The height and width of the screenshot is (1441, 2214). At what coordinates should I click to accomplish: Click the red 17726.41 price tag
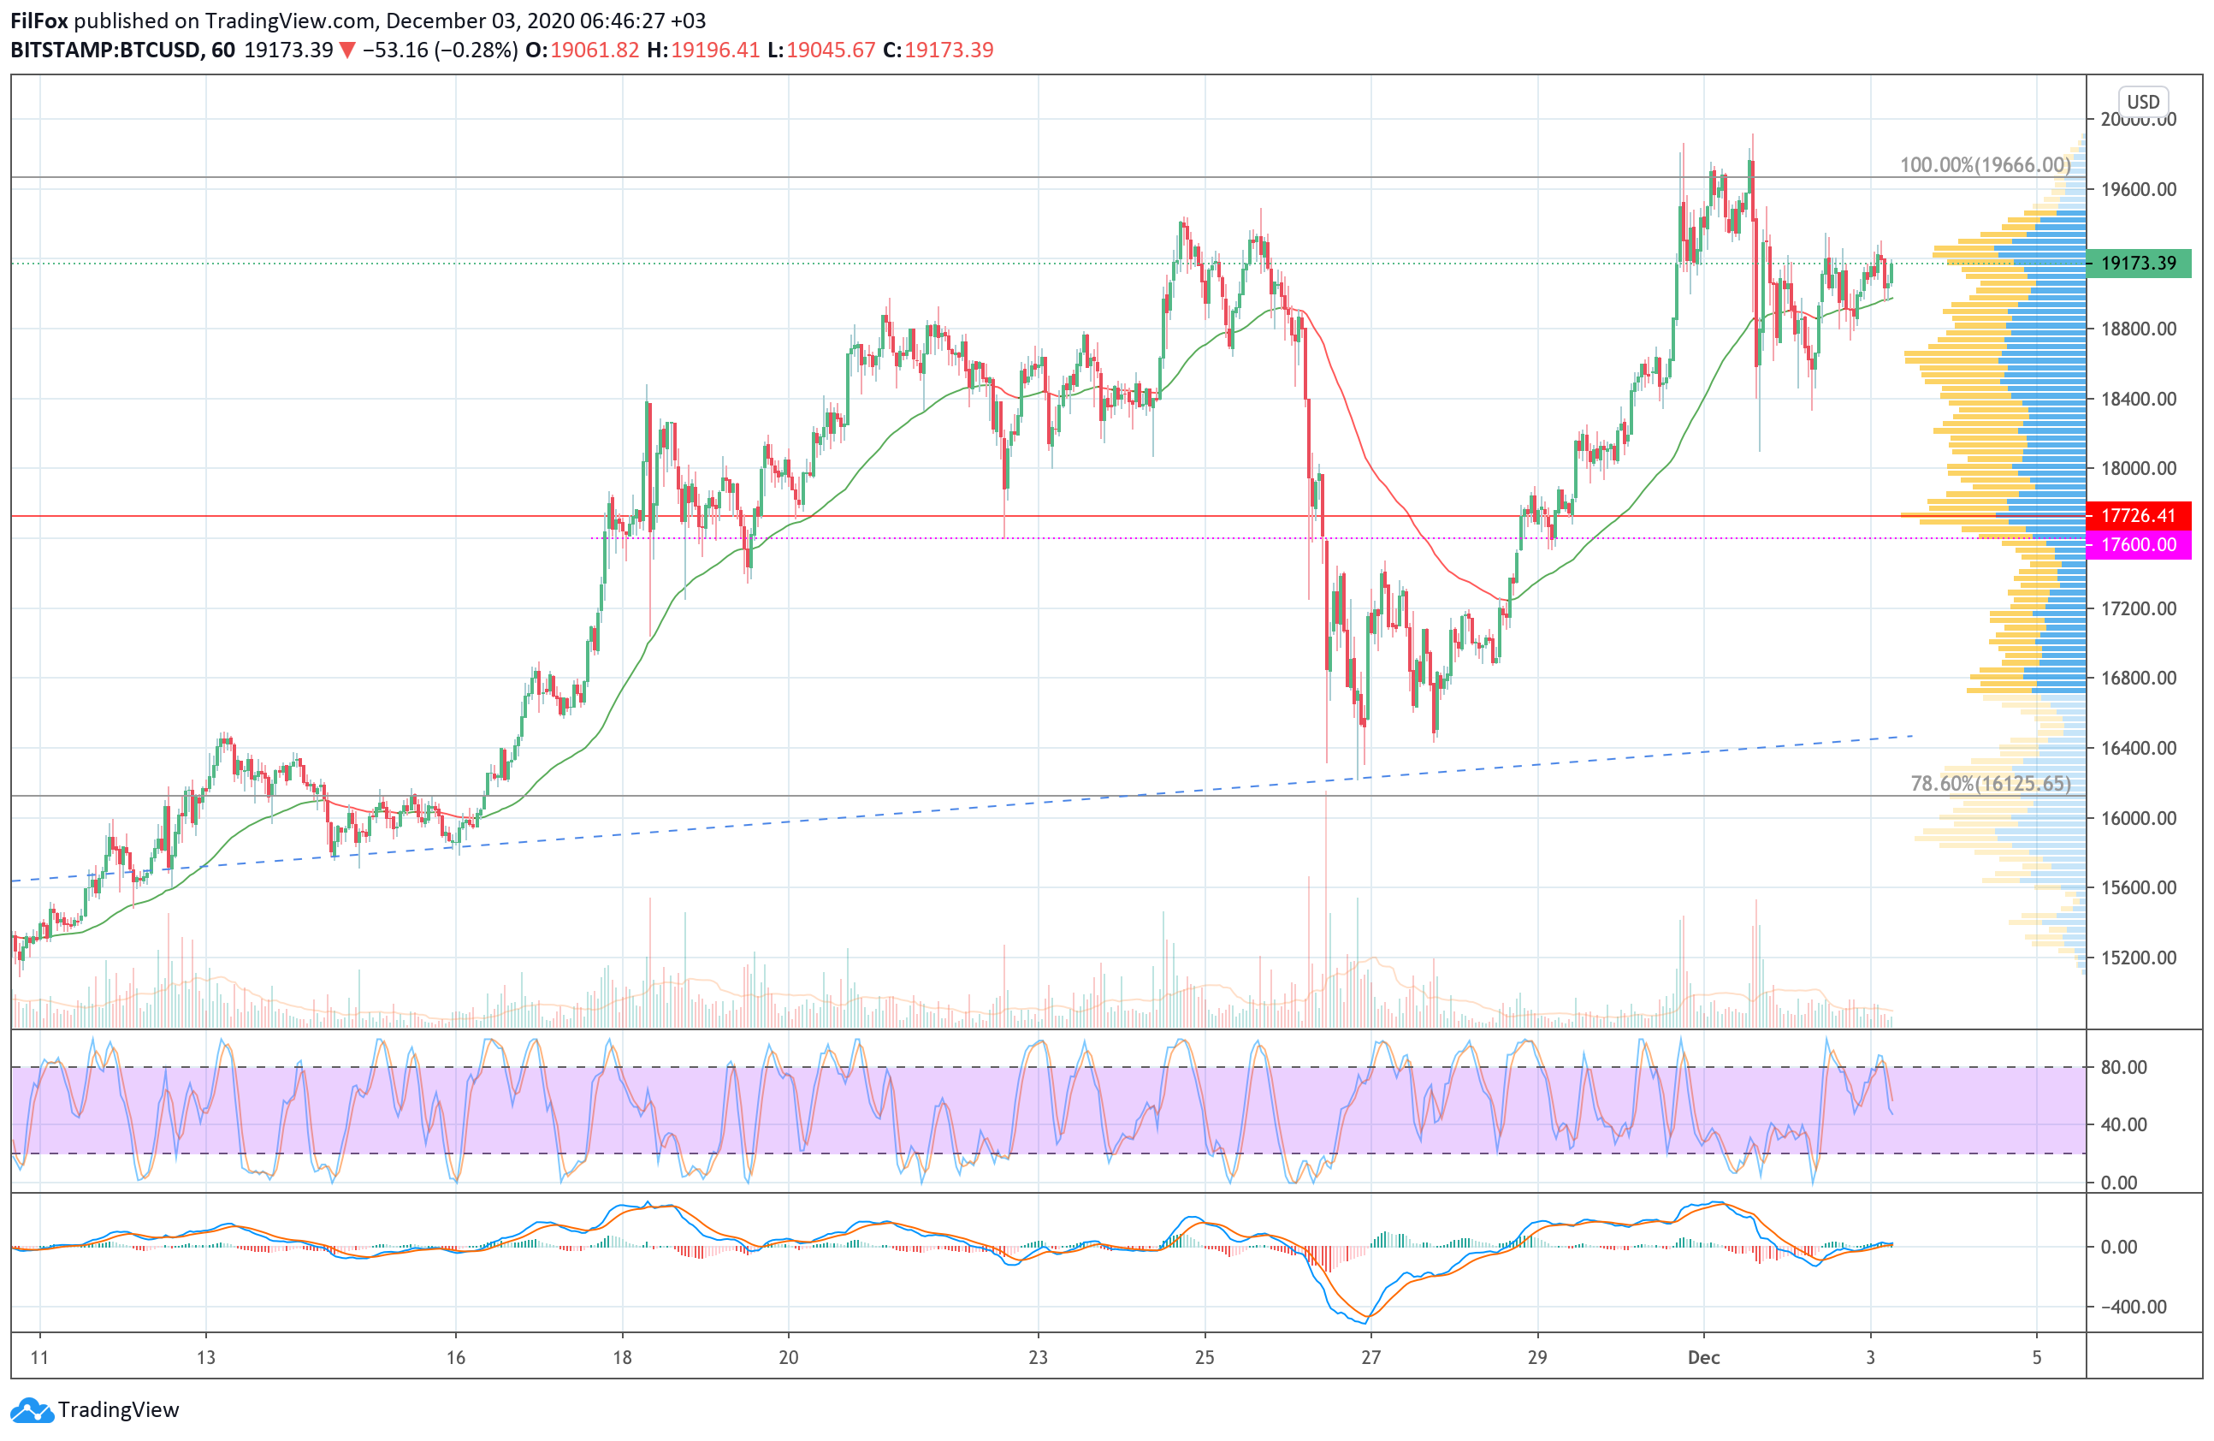coord(2138,515)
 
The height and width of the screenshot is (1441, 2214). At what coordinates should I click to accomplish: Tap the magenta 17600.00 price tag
coord(2138,544)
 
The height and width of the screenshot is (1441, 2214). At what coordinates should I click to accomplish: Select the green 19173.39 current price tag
coord(2138,264)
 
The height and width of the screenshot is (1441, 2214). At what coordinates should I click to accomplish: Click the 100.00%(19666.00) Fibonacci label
coord(1984,164)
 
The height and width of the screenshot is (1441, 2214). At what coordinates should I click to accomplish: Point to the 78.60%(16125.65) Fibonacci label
coord(1990,783)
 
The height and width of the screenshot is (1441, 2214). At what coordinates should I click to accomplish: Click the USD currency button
coord(2142,101)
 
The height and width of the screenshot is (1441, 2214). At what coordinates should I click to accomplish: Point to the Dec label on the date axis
coord(1703,1357)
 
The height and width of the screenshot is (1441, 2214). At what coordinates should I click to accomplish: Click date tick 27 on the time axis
coord(1370,1357)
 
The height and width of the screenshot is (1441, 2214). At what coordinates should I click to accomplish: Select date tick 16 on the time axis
coord(455,1357)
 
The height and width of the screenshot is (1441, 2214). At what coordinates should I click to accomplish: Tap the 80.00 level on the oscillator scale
coord(2124,1067)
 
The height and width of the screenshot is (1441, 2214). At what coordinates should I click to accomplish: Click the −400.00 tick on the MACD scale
coord(2133,1307)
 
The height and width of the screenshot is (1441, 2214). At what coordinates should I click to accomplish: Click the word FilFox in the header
coord(39,21)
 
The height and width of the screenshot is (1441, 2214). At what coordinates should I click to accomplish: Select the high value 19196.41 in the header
coord(715,50)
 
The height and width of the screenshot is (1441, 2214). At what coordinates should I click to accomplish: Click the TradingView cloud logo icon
coord(31,1410)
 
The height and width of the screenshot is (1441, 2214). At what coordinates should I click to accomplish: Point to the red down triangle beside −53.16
coord(347,50)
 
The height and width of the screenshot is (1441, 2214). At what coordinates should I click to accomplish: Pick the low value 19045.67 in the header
coord(831,50)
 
